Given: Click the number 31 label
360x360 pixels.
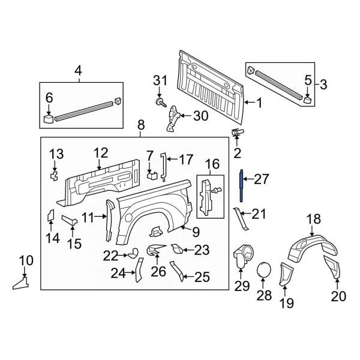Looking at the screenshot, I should tap(160, 81).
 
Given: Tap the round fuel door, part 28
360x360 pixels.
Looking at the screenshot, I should tap(263, 271).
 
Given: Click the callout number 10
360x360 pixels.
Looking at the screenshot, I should tap(26, 262).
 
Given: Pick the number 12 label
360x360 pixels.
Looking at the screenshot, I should tap(100, 153).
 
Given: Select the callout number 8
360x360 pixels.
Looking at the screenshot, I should tap(141, 125).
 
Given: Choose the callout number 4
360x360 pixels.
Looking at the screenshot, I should tap(78, 73).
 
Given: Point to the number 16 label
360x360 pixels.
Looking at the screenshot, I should tap(213, 164).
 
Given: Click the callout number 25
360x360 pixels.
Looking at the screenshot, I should tap(202, 277).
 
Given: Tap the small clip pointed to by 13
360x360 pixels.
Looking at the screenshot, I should tap(54, 175).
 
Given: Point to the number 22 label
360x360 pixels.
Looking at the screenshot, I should tap(110, 256).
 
